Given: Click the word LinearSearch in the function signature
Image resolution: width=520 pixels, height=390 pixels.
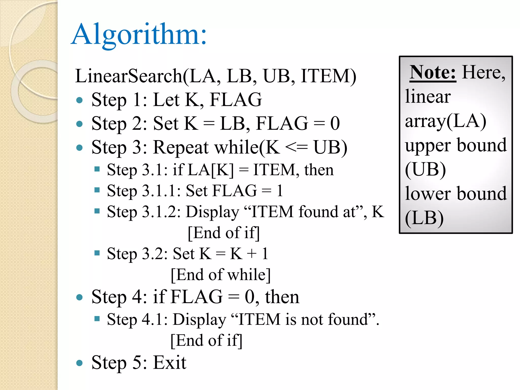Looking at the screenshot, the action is tap(128, 76).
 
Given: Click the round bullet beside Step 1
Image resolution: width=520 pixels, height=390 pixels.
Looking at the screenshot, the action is tap(79, 100).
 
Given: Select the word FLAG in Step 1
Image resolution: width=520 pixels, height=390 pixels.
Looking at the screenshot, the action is tap(236, 100).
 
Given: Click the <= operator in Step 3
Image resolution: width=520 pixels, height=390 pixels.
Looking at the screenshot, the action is tap(296, 148).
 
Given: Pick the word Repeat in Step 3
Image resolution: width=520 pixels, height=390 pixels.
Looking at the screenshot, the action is tap(181, 148).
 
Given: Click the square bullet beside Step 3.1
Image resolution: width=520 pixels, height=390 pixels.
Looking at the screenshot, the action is tap(97, 169).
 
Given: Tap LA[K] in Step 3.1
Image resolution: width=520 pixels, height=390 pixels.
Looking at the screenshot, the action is tap(211, 170).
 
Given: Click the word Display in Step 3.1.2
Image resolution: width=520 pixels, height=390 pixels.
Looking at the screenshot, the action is tap(213, 212).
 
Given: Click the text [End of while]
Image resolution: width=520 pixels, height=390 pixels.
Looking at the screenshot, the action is tap(221, 275).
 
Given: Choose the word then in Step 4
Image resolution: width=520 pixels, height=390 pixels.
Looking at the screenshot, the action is tap(282, 297).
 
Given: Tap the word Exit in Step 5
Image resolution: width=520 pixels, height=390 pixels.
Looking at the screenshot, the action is tap(170, 363).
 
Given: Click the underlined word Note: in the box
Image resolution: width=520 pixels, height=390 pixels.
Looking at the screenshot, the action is tap(433, 73).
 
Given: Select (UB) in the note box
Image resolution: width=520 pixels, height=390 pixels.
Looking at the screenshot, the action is tap(425, 169).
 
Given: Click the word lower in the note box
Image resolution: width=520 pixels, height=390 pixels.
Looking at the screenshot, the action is tap(427, 194).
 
